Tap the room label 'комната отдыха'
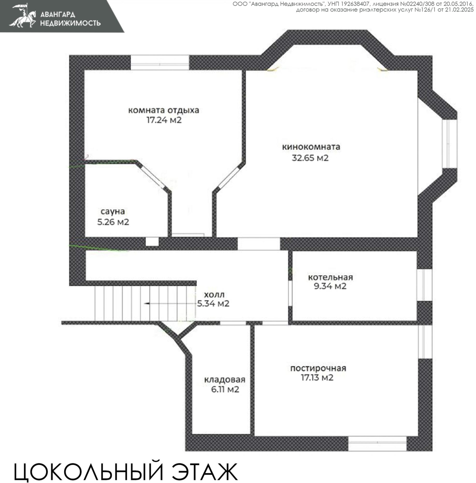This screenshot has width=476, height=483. pyautogui.click(x=164, y=110)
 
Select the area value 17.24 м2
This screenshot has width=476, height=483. pyautogui.click(x=164, y=120)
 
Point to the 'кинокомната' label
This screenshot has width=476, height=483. pyautogui.click(x=311, y=147)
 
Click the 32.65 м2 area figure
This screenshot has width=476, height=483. pyautogui.click(x=310, y=158)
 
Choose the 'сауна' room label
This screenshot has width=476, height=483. pyautogui.click(x=113, y=211)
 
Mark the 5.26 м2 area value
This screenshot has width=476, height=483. pyautogui.click(x=113, y=222)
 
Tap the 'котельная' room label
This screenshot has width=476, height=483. pyautogui.click(x=330, y=277)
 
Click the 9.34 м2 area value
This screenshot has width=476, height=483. pyautogui.click(x=330, y=286)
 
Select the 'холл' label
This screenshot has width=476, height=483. pyautogui.click(x=214, y=295)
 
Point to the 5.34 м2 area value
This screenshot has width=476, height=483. pyautogui.click(x=213, y=303)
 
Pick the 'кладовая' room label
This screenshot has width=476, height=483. pyautogui.click(x=225, y=379)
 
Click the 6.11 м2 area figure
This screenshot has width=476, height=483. pyautogui.click(x=225, y=389)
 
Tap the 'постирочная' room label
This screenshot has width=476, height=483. pyautogui.click(x=318, y=368)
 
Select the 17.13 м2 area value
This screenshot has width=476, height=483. pyautogui.click(x=317, y=378)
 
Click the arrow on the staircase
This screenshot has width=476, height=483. pyautogui.click(x=147, y=303)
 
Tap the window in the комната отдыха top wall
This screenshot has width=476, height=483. pyautogui.click(x=160, y=63)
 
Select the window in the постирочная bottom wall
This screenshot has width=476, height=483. pyautogui.click(x=377, y=444)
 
